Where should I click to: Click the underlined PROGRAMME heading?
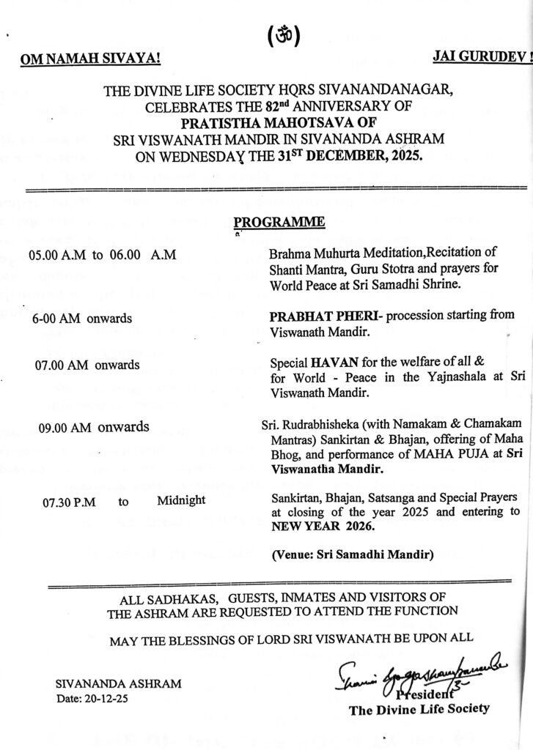279,222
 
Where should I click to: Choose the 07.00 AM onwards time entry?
87,364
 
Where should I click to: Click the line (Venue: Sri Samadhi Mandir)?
352,555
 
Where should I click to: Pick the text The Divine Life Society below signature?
419,709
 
